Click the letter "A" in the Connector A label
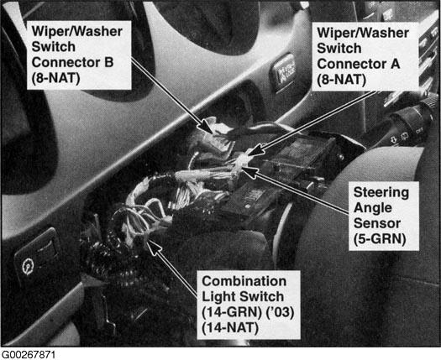(395, 64)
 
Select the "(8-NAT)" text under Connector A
(341, 80)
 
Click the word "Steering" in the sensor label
(381, 193)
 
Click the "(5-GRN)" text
(380, 239)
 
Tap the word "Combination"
(244, 281)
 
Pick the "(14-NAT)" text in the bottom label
(230, 328)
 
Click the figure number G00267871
(29, 355)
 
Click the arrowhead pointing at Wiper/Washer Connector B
(207, 127)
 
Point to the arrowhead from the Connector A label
(255, 149)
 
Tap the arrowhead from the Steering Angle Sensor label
(249, 171)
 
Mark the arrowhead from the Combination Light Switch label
(154, 247)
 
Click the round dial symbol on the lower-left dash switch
(28, 266)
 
